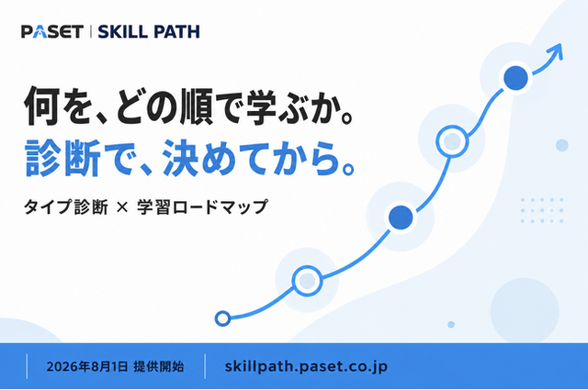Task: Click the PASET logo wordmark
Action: [52, 31]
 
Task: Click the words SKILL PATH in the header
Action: [149, 32]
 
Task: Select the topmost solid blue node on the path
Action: [515, 78]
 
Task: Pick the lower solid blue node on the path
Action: [401, 217]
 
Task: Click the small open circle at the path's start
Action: [222, 318]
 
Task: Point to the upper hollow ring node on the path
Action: [452, 141]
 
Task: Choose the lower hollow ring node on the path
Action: [307, 281]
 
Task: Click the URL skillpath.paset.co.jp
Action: [306, 367]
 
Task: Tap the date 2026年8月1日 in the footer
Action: [87, 366]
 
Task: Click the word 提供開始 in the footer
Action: [159, 366]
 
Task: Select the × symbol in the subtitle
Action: [122, 207]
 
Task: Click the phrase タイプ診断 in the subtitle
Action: [66, 206]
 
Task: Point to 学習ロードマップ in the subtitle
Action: [202, 206]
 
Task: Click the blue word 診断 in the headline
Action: [62, 158]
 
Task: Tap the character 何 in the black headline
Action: [42, 106]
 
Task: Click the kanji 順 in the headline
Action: [196, 106]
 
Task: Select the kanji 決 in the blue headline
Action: [180, 158]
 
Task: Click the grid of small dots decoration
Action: [542, 210]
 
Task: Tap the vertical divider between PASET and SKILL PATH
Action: [91, 31]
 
